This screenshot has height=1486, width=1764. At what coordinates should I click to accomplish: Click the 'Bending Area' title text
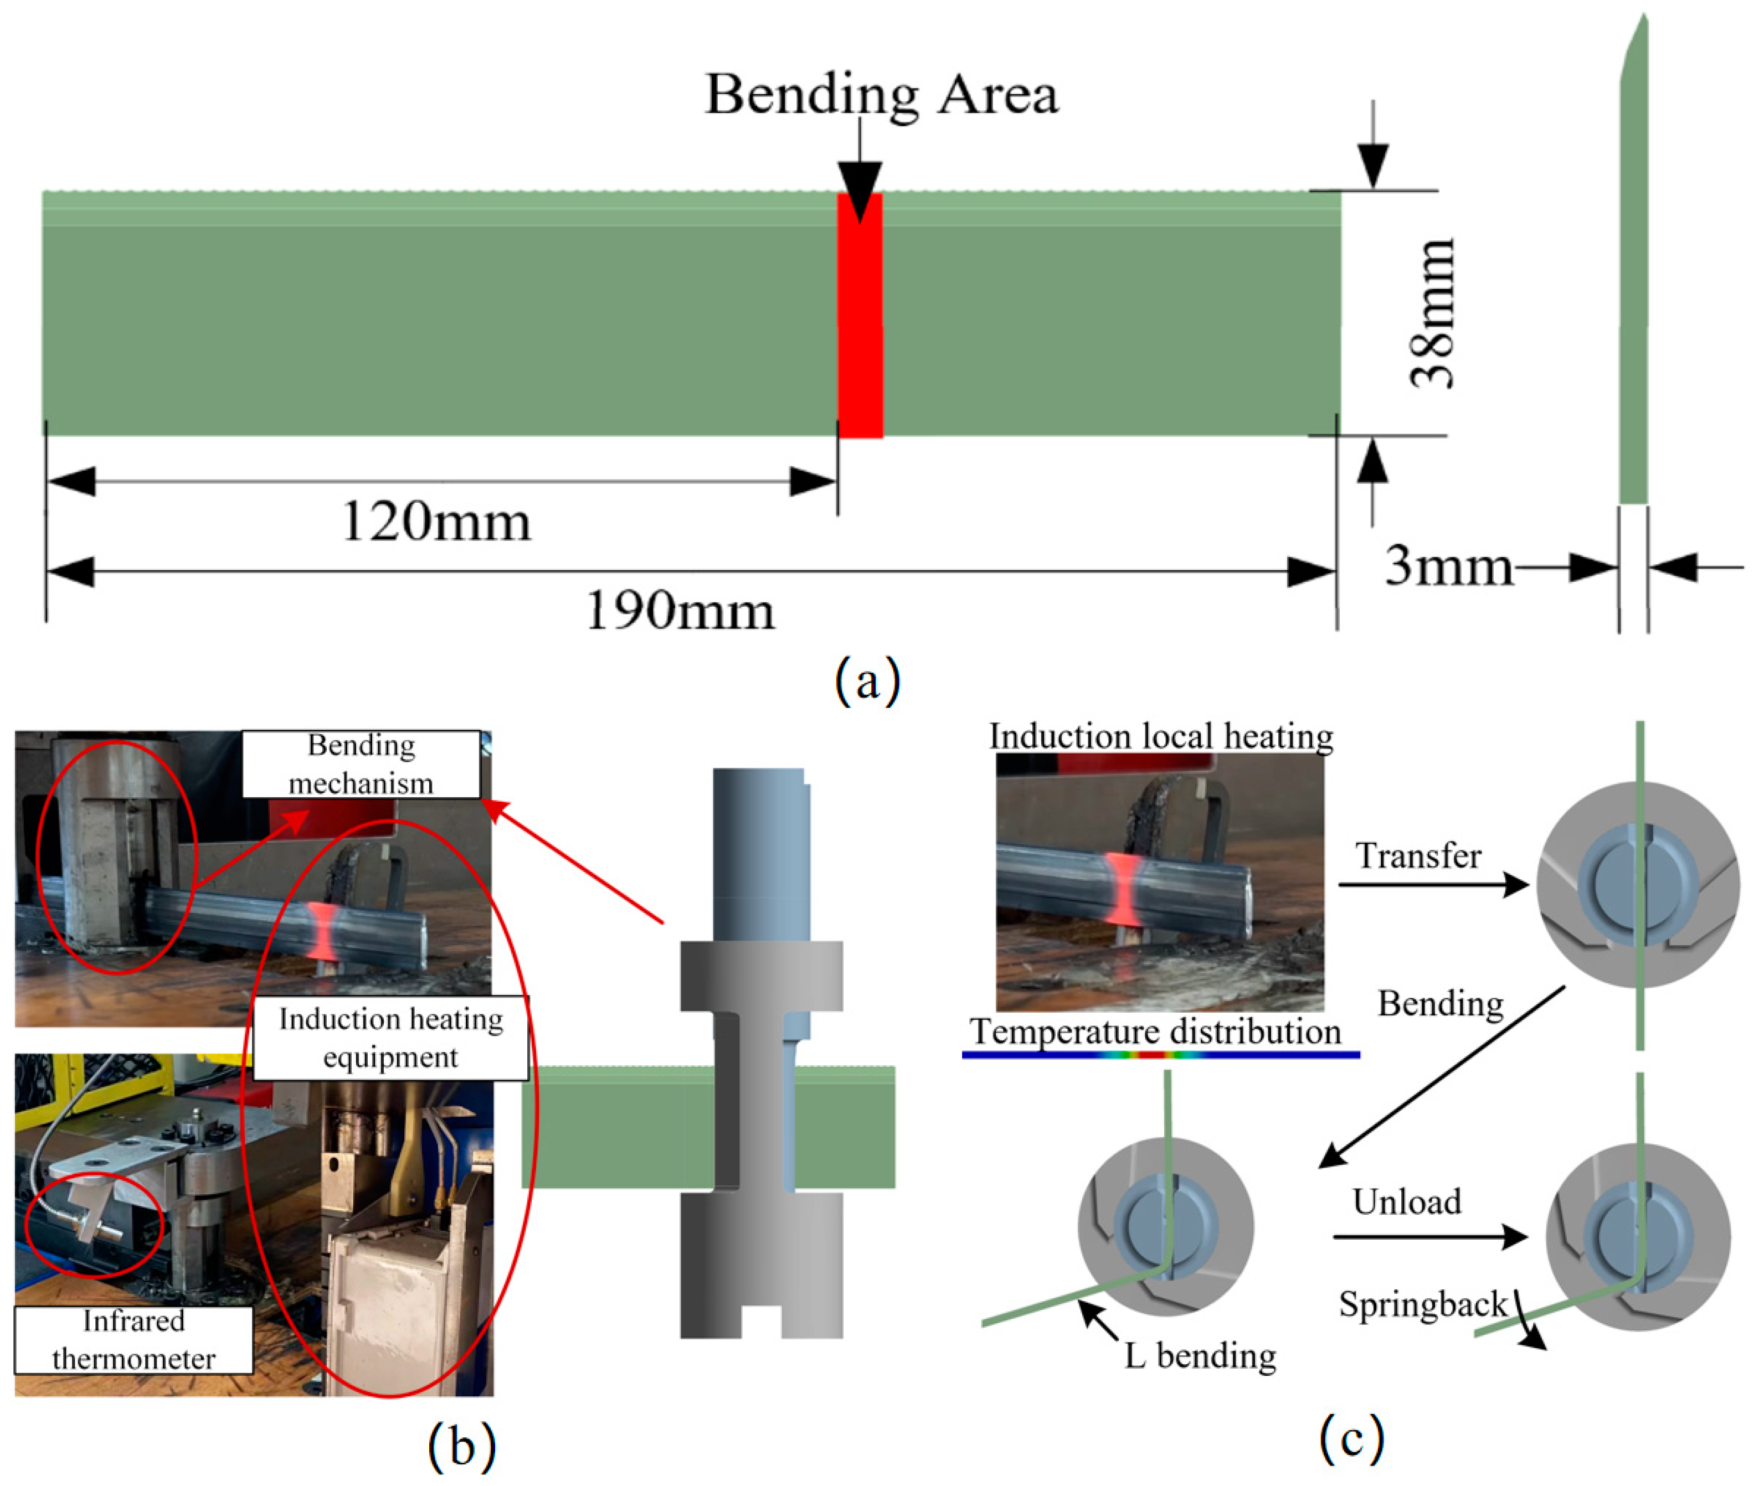coord(881,94)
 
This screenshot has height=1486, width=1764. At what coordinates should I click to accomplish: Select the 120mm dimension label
coord(436,522)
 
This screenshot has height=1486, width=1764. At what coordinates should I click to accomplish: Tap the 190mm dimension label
coord(680,611)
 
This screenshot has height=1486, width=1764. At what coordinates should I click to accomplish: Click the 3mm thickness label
coord(1448,566)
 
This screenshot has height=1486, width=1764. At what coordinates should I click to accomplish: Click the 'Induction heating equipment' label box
coord(390,1038)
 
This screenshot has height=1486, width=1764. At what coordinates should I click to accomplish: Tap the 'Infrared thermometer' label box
coord(133,1339)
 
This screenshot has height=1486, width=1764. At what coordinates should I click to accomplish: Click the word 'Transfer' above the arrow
coord(1418,856)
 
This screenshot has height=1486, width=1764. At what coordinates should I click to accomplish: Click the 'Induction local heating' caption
coord(1160,736)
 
